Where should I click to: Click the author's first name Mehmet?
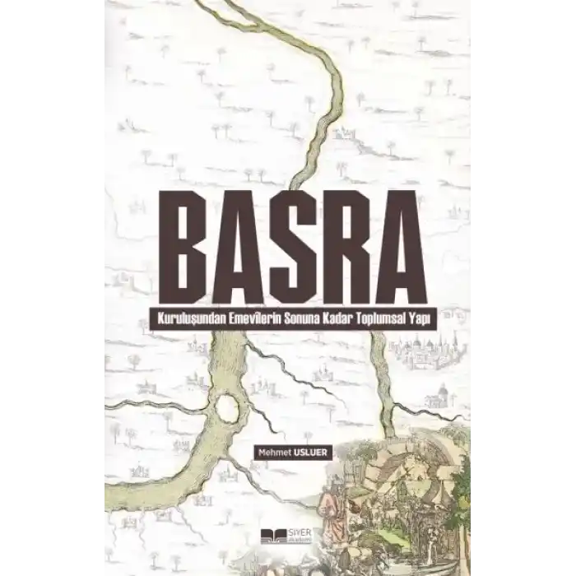(x=273, y=450)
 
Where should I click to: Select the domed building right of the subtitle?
(x=428, y=350)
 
